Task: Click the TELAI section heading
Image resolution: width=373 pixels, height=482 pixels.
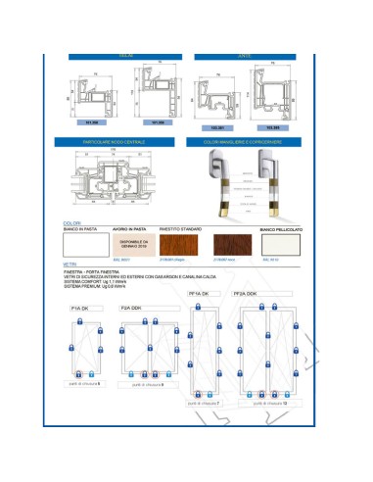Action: pyautogui.click(x=126, y=58)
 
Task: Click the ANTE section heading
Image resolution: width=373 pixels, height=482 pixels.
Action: pyautogui.click(x=245, y=58)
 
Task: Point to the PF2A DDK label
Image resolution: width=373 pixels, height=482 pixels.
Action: pyautogui.click(x=246, y=293)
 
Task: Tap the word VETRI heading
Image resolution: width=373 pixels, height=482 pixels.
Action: pyautogui.click(x=68, y=265)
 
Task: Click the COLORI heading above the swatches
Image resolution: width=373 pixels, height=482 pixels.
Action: pyautogui.click(x=71, y=222)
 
